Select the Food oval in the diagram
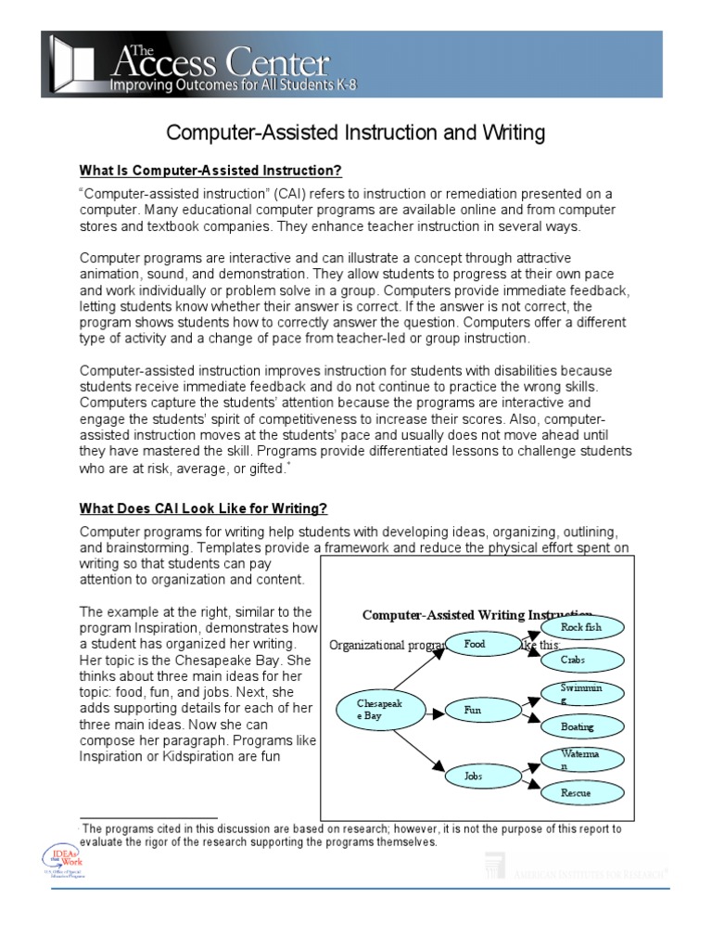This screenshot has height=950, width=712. coord(476,644)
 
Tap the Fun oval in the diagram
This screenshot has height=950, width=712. coord(474,710)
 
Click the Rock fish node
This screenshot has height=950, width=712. coord(581,628)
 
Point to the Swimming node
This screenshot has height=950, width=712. coord(581,694)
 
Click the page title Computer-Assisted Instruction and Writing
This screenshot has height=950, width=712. coord(355,134)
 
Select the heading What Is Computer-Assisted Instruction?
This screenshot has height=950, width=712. coord(210,171)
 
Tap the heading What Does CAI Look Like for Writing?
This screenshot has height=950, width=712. coord(203,508)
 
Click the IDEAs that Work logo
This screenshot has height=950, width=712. coord(60,862)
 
